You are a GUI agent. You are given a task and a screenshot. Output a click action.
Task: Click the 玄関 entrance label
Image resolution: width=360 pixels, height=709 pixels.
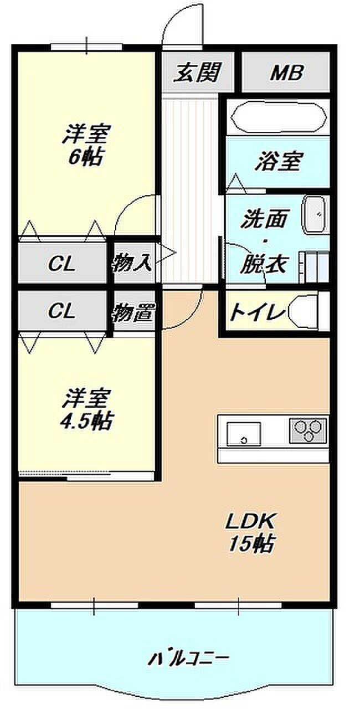(x=197, y=73)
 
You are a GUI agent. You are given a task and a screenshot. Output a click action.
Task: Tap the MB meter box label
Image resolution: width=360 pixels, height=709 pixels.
(x=286, y=73)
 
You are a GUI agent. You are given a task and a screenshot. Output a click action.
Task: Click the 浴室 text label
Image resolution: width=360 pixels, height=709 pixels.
(x=278, y=162)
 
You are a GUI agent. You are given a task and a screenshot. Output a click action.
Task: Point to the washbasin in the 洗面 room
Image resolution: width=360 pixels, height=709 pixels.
(x=316, y=214)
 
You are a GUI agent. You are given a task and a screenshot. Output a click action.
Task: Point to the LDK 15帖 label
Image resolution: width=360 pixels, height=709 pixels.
(x=250, y=532)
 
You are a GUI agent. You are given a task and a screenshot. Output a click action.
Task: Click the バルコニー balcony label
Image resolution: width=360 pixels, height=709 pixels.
(x=188, y=659)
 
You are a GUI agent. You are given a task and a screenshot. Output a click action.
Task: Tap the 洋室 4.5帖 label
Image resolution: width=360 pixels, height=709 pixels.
(x=86, y=410)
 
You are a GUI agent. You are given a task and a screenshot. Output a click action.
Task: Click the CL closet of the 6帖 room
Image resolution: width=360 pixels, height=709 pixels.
(x=61, y=264)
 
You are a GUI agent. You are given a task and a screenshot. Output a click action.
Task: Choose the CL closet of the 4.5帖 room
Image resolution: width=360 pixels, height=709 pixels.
(x=61, y=311)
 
